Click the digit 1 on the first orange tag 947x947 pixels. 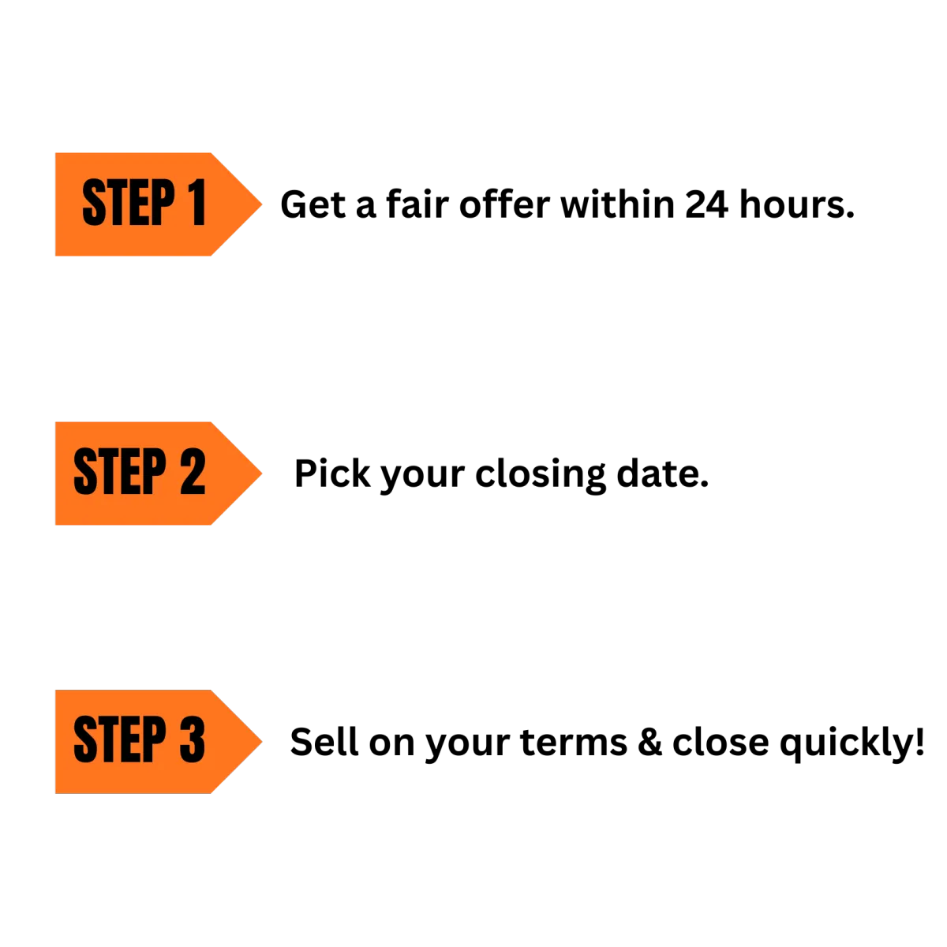pos(196,204)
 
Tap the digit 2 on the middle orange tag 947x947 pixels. pos(193,472)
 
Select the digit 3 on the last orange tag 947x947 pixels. pos(193,740)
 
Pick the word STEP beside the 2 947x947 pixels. pos(119,472)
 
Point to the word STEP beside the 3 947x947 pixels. pos(119,740)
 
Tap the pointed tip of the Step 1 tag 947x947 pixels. pos(260,204)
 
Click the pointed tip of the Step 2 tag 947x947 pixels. pos(260,473)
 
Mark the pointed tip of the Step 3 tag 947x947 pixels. pos(260,741)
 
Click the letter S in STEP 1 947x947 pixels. pos(94,204)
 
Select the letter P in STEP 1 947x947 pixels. pos(162,204)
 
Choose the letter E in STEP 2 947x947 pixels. pos(129,472)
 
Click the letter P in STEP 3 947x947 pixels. pos(153,740)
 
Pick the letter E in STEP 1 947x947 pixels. pos(138,204)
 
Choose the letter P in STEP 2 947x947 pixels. pos(153,472)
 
